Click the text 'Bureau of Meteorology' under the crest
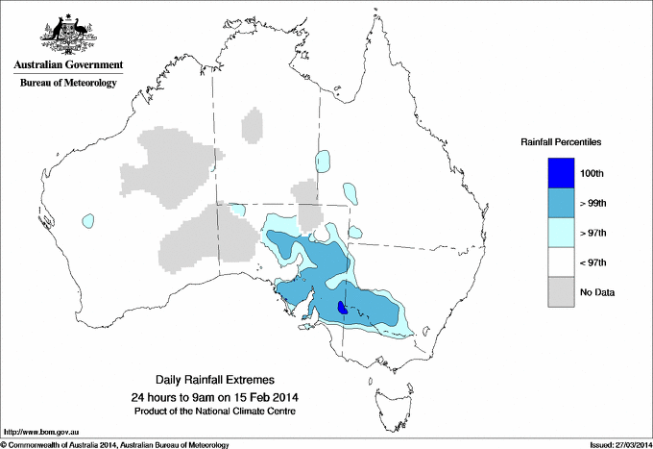(67, 84)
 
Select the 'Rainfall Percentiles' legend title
(561, 141)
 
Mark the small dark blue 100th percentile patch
(343, 308)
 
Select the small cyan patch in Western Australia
(89, 220)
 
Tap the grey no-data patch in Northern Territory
(253, 126)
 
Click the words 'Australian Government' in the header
(67, 65)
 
